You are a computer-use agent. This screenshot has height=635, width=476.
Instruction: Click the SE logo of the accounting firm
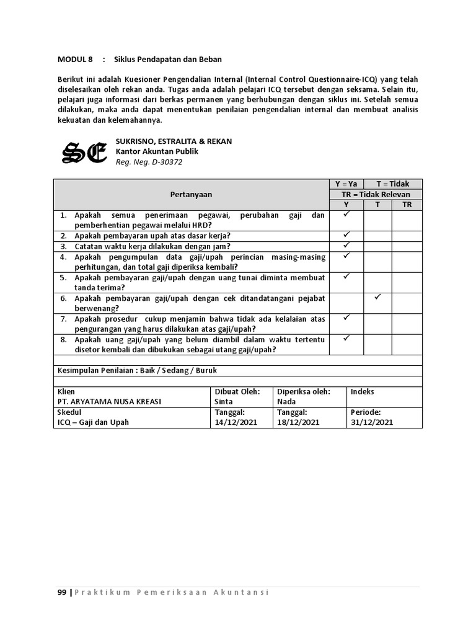click(x=84, y=153)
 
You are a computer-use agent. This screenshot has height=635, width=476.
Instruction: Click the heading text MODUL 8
click(x=74, y=60)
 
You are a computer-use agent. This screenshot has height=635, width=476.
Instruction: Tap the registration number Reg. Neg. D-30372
click(x=149, y=162)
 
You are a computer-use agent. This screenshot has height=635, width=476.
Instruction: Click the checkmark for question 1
click(x=346, y=215)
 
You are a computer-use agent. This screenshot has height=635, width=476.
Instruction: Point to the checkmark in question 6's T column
click(x=377, y=298)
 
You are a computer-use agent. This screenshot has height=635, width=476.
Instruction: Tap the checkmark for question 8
click(x=346, y=339)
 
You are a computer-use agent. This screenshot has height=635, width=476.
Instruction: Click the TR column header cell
click(x=407, y=205)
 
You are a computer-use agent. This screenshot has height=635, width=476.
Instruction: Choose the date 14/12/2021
click(x=235, y=422)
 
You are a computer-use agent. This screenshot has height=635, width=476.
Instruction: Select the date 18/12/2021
click(x=298, y=422)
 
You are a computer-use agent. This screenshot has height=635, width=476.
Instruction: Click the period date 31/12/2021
click(x=371, y=422)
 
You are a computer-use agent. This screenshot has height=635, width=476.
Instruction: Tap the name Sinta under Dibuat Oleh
click(x=224, y=401)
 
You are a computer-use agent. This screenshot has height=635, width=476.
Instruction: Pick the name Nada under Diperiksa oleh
click(x=286, y=401)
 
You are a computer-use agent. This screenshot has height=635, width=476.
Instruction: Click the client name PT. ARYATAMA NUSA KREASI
click(x=109, y=401)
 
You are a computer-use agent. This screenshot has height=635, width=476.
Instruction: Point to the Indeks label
click(x=363, y=391)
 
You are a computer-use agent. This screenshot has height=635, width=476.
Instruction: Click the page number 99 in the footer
click(x=62, y=592)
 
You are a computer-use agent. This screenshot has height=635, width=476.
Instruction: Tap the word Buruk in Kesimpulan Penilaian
click(x=206, y=370)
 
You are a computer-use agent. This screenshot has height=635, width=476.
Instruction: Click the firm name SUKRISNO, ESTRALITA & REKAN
click(x=174, y=141)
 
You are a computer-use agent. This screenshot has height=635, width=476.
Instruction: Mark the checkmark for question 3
click(x=346, y=246)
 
